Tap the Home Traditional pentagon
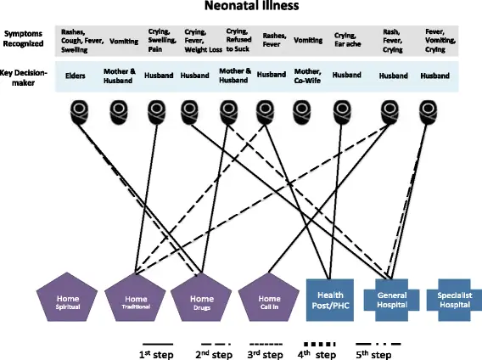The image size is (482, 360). click(x=135, y=301)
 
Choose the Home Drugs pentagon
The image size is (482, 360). click(x=201, y=301)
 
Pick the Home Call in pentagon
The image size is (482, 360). click(x=269, y=301)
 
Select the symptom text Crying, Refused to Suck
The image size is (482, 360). click(x=236, y=40)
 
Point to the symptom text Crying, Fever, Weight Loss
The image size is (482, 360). click(x=199, y=40)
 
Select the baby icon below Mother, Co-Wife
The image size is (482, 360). click(x=303, y=110)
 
